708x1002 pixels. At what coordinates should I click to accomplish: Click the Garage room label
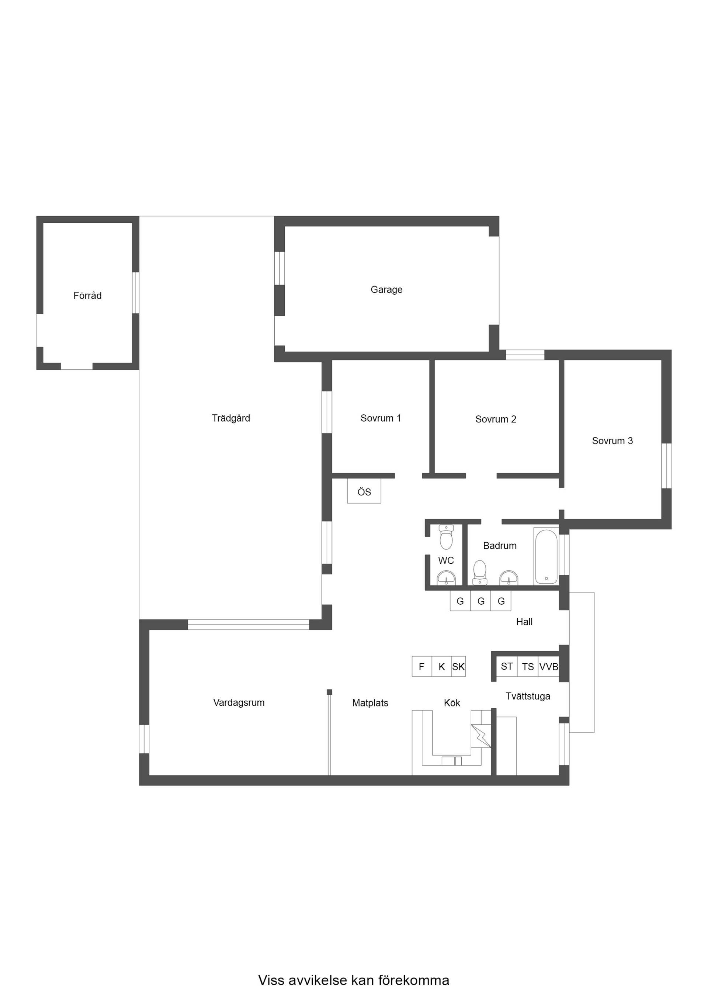pyautogui.click(x=386, y=289)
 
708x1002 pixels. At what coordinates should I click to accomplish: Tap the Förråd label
pyautogui.click(x=87, y=296)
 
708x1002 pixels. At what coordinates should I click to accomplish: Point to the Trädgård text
pyautogui.click(x=231, y=418)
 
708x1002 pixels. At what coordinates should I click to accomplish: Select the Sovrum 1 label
pyautogui.click(x=381, y=418)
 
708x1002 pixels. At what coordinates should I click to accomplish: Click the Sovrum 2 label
pyautogui.click(x=496, y=419)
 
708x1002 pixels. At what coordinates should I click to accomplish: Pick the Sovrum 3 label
pyautogui.click(x=612, y=441)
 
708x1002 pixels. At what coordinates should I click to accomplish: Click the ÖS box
pyautogui.click(x=364, y=491)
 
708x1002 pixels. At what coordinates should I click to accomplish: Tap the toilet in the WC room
pyautogui.click(x=446, y=537)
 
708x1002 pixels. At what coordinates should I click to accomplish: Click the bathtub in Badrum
pyautogui.click(x=546, y=557)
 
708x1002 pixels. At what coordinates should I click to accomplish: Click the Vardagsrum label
pyautogui.click(x=239, y=703)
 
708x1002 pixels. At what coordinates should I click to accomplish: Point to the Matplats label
pyautogui.click(x=370, y=703)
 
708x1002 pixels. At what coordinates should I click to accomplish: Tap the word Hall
pyautogui.click(x=524, y=622)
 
